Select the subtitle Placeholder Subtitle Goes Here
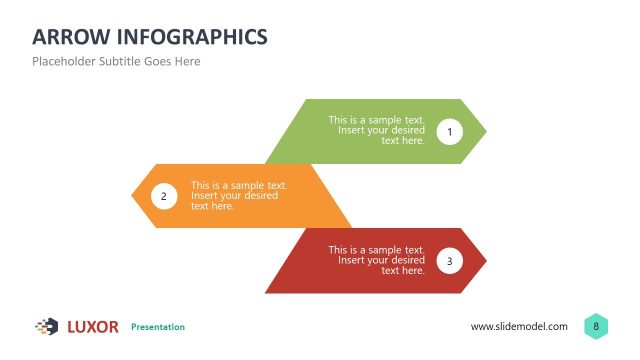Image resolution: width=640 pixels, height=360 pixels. pyautogui.click(x=116, y=61)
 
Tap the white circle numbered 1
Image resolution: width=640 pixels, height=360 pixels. pyautogui.click(x=449, y=131)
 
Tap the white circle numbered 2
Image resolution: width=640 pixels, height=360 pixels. pyautogui.click(x=164, y=196)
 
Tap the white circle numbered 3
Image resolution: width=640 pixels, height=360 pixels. pyautogui.click(x=449, y=261)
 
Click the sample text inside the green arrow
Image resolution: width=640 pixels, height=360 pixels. pyautogui.click(x=377, y=130)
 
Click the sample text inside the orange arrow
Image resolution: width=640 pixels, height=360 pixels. pyautogui.click(x=239, y=195)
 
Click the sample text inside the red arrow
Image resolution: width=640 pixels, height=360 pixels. pyautogui.click(x=377, y=260)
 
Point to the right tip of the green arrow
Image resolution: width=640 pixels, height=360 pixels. pyautogui.click(x=485, y=131)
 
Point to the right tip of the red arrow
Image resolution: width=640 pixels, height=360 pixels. pyautogui.click(x=485, y=261)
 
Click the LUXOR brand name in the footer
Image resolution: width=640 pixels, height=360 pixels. pyautogui.click(x=93, y=327)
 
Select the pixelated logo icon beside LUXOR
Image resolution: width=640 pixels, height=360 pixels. pyautogui.click(x=46, y=326)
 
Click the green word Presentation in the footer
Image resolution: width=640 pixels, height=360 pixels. pyautogui.click(x=158, y=327)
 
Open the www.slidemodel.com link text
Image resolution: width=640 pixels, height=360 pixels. pyautogui.click(x=519, y=327)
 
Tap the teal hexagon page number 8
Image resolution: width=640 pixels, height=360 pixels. pyautogui.click(x=596, y=326)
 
